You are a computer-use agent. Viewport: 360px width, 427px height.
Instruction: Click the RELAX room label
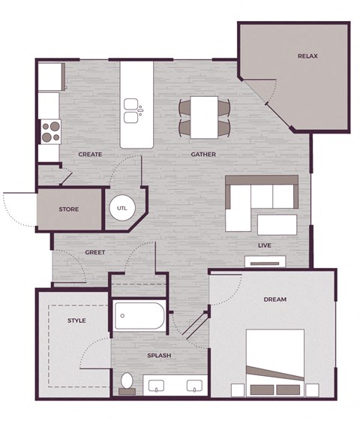(x=307, y=56)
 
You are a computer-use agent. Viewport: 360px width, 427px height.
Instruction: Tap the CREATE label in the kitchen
(x=90, y=155)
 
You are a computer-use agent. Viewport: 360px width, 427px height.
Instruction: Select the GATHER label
(x=203, y=155)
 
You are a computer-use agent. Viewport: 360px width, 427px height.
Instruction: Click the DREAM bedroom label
(x=275, y=299)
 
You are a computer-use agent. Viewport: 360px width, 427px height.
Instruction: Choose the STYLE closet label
(x=76, y=320)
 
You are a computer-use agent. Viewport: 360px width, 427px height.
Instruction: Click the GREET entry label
(x=94, y=252)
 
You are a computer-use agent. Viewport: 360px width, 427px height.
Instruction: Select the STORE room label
(x=69, y=210)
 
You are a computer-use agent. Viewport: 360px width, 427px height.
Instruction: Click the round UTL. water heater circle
(x=121, y=208)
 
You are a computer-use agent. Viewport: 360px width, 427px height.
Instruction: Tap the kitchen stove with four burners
(x=49, y=132)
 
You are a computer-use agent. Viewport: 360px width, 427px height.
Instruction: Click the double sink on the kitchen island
(x=132, y=110)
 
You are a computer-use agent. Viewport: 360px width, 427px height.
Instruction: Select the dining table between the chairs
(x=204, y=116)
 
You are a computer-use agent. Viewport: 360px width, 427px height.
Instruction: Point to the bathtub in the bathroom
(x=139, y=317)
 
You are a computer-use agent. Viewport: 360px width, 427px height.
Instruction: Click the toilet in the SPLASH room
(x=127, y=383)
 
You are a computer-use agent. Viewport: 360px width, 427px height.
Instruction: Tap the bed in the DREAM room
(x=277, y=360)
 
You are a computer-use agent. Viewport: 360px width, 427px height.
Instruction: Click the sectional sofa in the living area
(x=255, y=199)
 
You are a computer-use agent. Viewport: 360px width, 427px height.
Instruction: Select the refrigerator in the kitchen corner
(x=51, y=77)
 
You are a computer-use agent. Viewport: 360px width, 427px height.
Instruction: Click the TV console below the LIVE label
(x=265, y=262)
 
